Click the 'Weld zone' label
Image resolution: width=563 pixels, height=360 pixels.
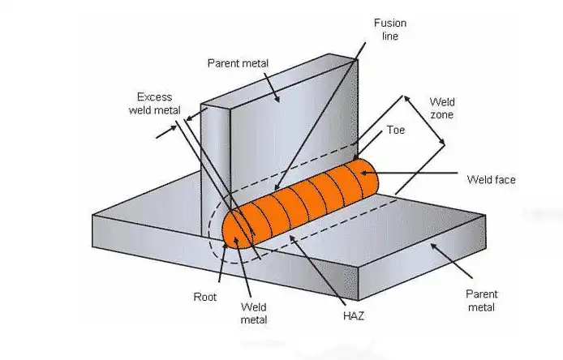[441, 108]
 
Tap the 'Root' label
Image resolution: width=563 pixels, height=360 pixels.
[204, 297]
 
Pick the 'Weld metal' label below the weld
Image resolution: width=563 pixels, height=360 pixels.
[254, 314]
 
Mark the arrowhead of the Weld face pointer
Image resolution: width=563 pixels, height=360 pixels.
[376, 172]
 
